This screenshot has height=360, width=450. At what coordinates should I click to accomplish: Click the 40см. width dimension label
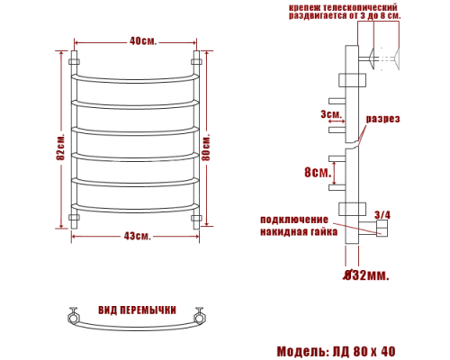point(143,40)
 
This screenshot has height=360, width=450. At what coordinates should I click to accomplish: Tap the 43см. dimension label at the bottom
point(137,236)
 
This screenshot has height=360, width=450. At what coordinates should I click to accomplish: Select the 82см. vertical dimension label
point(60,146)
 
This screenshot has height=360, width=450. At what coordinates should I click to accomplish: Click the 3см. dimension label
point(331,114)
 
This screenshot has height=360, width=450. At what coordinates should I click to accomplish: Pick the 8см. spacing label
point(318,172)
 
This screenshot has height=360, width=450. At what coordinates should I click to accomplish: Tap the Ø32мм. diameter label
point(366,274)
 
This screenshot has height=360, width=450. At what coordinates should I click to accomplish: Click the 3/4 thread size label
point(382,215)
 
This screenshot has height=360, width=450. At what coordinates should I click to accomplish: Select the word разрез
point(382,119)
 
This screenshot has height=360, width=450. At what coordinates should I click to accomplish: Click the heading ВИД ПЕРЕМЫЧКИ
point(137,310)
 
